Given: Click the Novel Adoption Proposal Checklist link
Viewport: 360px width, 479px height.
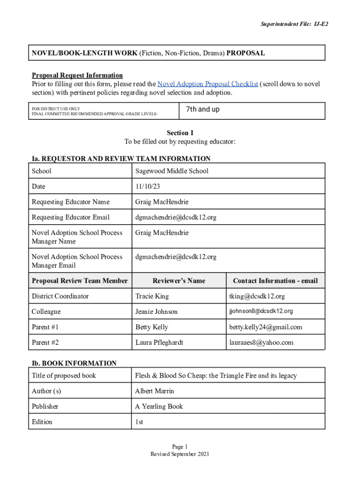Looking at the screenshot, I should [208, 84].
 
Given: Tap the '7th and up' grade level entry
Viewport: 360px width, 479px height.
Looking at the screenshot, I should [202, 109].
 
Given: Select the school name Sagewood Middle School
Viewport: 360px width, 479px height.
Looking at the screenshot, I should [172, 171].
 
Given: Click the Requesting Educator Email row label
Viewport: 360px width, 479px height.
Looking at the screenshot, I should [71, 218].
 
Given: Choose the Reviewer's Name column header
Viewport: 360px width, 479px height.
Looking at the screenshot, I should [179, 281].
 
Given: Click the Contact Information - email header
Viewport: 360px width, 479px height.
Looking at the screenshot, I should [275, 281].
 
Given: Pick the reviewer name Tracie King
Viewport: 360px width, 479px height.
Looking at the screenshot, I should [152, 296].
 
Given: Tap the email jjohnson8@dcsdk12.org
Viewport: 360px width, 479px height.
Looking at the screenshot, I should [261, 311].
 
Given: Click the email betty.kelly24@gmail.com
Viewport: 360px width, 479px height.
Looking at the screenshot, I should [266, 327].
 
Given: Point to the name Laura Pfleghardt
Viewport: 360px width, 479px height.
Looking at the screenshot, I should [159, 342].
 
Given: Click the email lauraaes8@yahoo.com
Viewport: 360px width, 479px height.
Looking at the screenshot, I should [261, 342].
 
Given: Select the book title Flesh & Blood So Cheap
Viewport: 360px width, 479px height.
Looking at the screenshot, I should [216, 376].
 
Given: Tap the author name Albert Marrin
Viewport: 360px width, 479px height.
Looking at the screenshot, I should [154, 391].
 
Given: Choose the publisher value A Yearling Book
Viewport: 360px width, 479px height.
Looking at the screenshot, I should [159, 406].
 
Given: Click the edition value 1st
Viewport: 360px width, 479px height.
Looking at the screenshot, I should [139, 422].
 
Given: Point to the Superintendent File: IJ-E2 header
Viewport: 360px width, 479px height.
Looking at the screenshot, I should [290, 23].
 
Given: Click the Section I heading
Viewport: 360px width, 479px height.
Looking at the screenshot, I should [180, 133].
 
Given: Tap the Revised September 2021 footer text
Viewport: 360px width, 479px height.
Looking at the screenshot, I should [180, 454].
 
